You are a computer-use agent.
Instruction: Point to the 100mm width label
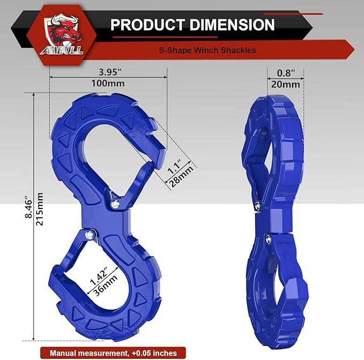[x=108, y=84]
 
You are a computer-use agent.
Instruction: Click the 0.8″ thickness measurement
[x=285, y=71]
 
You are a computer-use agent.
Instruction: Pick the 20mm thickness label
[x=285, y=84]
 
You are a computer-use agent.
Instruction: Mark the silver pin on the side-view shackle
[x=258, y=206]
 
